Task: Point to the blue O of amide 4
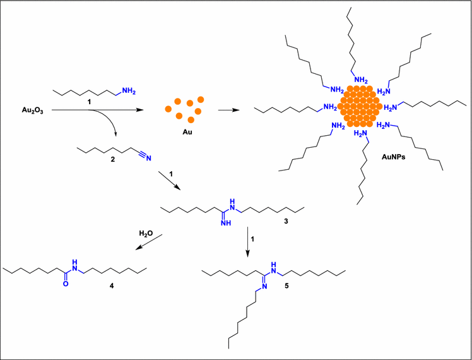click(65, 284)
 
